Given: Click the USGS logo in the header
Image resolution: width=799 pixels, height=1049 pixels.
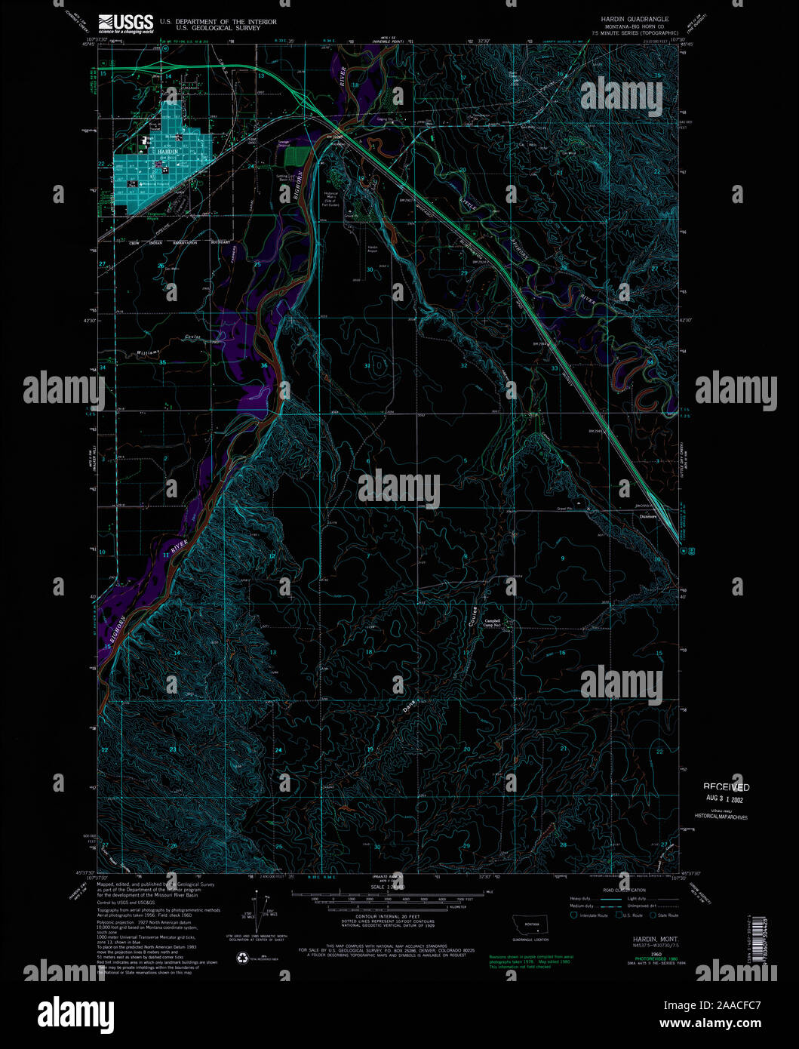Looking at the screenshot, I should click(125, 24).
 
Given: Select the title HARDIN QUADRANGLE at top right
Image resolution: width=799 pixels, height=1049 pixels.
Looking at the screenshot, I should click(635, 19).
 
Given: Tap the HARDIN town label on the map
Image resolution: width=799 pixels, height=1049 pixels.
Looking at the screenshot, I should click(167, 152).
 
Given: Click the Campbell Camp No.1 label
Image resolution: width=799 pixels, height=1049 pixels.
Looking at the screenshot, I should click(493, 624).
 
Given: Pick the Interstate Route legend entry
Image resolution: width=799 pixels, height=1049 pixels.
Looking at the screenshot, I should click(593, 915).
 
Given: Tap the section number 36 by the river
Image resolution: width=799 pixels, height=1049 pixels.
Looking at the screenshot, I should click(264, 366).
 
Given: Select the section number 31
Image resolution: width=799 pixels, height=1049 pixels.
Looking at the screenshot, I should click(367, 366).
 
